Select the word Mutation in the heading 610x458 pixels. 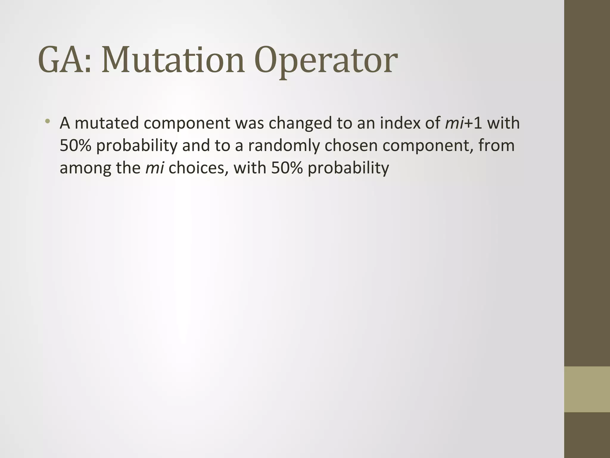pyautogui.click(x=173, y=61)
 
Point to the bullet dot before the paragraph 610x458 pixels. pyautogui.click(x=47, y=121)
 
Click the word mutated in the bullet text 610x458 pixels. pyautogui.click(x=107, y=123)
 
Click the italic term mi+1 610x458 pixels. pyautogui.click(x=463, y=123)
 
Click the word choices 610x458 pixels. pyautogui.click(x=196, y=168)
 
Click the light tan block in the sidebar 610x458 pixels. pyautogui.click(x=587, y=389)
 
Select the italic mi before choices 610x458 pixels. pyautogui.click(x=154, y=168)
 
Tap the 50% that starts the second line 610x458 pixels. pyautogui.click(x=75, y=146)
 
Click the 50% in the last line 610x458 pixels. pyautogui.click(x=287, y=168)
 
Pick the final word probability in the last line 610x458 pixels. pyautogui.click(x=348, y=168)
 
